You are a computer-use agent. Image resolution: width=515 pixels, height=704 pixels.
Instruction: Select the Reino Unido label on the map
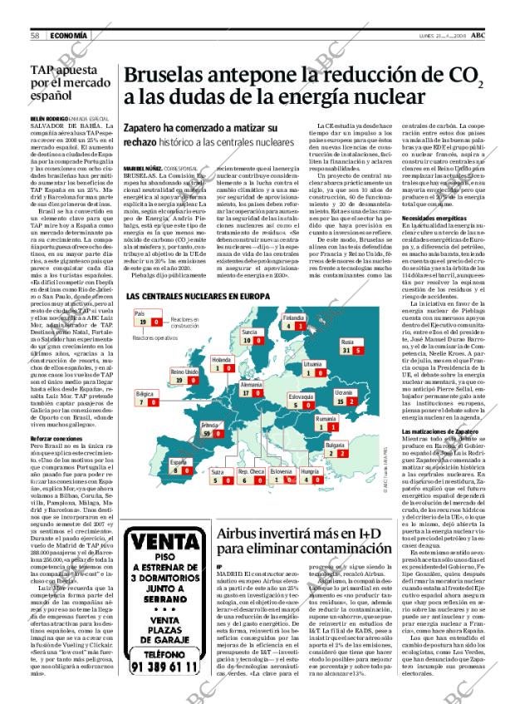coord(183,371)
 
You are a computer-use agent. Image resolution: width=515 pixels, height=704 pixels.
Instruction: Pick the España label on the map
coord(178,461)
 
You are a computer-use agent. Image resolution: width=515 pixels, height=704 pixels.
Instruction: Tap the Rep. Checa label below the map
coord(252,470)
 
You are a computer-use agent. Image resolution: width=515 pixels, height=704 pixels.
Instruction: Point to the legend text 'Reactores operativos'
coord(152,338)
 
